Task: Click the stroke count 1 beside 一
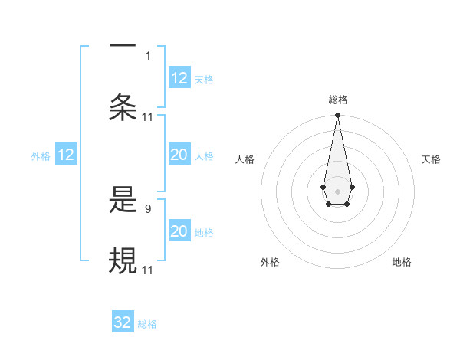coord(149,55)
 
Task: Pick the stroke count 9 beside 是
coord(149,208)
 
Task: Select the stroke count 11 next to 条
coord(148,116)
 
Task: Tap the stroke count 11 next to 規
coord(148,270)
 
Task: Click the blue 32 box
coord(123,322)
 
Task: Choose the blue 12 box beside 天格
coord(179,78)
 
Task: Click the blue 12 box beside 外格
coord(66,155)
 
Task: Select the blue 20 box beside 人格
coord(179,155)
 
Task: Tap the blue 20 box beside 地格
coord(179,231)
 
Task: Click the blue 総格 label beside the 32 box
coord(147,324)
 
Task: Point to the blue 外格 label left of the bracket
coord(41,156)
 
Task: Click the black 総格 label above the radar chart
coord(338,100)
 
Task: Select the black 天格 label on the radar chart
coord(432,159)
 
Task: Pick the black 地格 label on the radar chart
coord(402,262)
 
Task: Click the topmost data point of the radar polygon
coord(337,115)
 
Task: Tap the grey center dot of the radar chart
coord(337,190)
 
